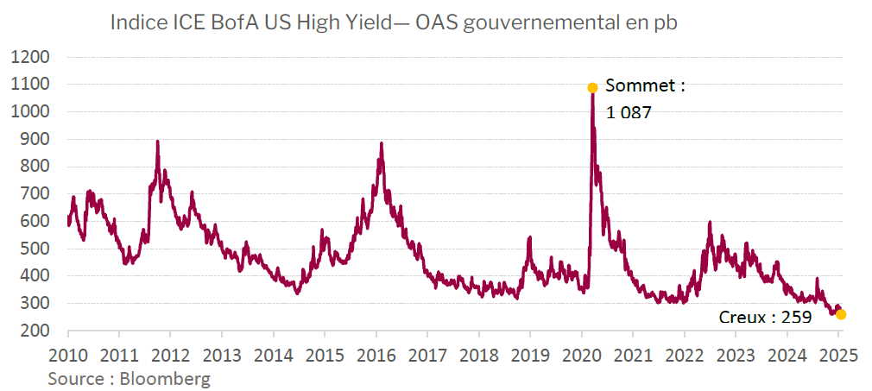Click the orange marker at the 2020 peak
[x=592, y=87]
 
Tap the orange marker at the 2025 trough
[x=841, y=314]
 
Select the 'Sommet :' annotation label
[x=645, y=86]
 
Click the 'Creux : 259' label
[x=765, y=318]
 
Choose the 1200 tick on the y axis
[x=31, y=58]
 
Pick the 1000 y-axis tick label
[x=31, y=112]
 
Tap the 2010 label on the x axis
[x=67, y=356]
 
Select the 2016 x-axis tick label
[x=376, y=356]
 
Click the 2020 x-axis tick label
[x=581, y=356]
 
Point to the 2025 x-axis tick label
[x=838, y=356]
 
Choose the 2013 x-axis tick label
[x=221, y=356]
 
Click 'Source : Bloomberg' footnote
[x=129, y=378]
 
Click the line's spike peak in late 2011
[x=157, y=141]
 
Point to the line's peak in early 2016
[x=381, y=143]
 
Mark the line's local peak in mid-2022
[x=710, y=223]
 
